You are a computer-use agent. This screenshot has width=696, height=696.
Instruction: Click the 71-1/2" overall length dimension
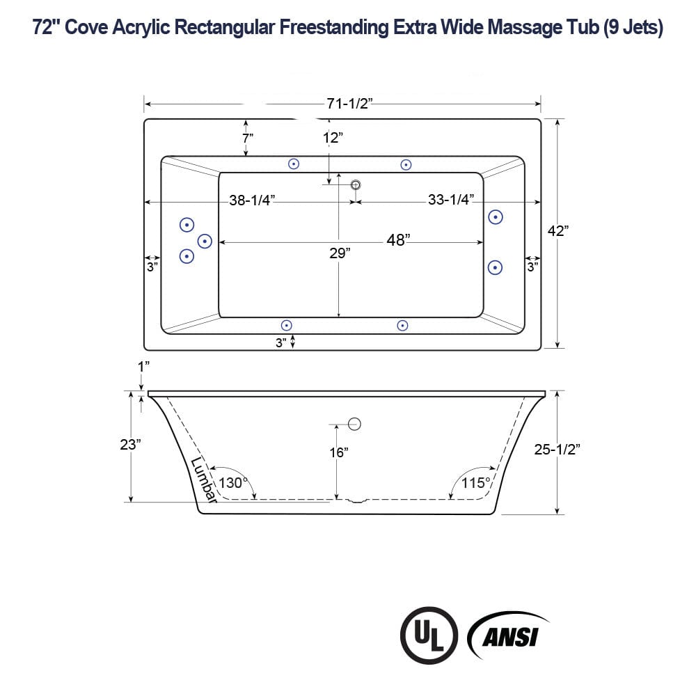click(x=350, y=104)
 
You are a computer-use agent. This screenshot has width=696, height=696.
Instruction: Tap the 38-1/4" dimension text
click(x=252, y=200)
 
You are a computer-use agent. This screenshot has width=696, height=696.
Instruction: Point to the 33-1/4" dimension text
click(x=450, y=200)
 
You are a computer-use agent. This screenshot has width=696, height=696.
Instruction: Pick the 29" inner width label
click(x=340, y=253)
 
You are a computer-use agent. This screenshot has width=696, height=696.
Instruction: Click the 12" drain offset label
click(x=333, y=138)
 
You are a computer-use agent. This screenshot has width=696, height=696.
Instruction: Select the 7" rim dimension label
click(x=248, y=138)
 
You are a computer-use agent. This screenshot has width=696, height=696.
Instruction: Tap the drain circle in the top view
click(x=356, y=184)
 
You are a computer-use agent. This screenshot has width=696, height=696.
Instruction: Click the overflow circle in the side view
click(x=355, y=423)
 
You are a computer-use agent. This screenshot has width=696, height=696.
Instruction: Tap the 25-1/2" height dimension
click(x=557, y=450)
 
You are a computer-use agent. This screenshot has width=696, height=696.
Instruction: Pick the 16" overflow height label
click(x=338, y=452)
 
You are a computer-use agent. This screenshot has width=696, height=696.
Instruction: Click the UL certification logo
click(x=428, y=635)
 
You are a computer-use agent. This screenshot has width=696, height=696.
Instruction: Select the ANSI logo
click(x=508, y=635)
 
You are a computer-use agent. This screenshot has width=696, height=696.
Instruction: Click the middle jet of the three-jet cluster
click(x=205, y=241)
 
